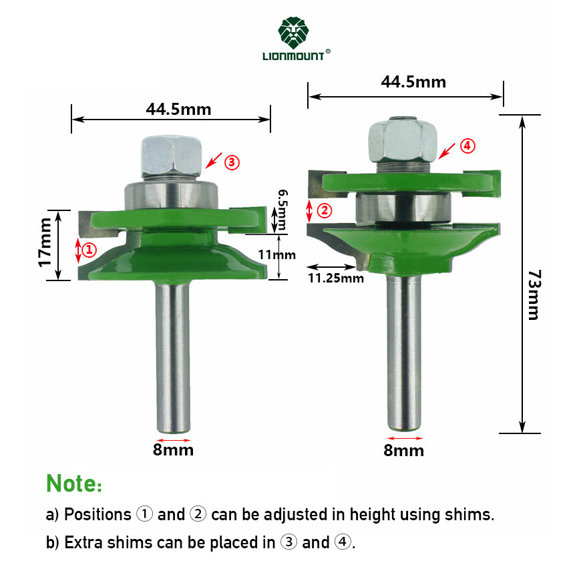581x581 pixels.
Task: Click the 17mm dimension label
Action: (45, 242)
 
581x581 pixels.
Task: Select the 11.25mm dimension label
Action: (335, 278)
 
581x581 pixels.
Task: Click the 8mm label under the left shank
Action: (173, 449)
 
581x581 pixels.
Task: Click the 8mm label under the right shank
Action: (403, 450)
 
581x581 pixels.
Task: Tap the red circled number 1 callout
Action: (89, 250)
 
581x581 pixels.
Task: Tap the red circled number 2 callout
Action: (324, 211)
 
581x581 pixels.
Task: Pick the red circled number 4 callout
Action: (467, 145)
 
